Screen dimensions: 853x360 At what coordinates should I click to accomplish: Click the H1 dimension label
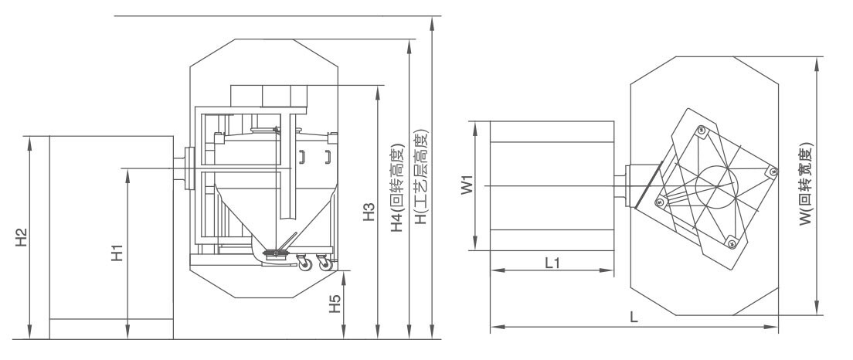point(117,253)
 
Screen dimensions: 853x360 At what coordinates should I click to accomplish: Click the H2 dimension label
point(21,237)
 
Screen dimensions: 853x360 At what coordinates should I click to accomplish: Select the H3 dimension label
point(369,212)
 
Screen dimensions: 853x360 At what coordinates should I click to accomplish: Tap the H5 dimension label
point(335,304)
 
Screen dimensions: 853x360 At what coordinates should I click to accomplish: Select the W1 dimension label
point(467,185)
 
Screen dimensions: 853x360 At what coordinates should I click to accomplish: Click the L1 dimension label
point(552,263)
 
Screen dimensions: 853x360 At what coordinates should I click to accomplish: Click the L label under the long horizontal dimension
point(634,318)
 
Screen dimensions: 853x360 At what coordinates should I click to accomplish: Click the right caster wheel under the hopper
point(325,263)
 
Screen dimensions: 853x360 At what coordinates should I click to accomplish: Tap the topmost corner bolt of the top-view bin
point(701,130)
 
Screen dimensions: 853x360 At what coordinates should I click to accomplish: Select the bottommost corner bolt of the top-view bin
point(731,243)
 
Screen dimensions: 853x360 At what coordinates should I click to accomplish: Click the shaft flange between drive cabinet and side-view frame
point(189,168)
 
